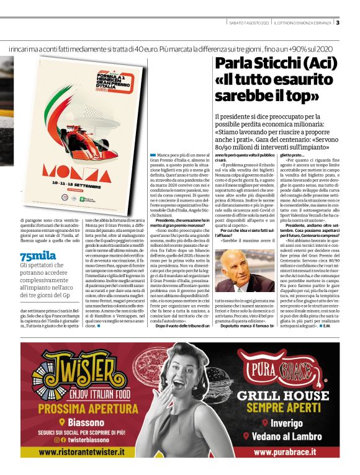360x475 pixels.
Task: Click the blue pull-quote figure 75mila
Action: [35, 239]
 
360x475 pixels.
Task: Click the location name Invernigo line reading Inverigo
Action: [279, 424]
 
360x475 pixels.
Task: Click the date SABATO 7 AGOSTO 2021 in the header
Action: [248, 23]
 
